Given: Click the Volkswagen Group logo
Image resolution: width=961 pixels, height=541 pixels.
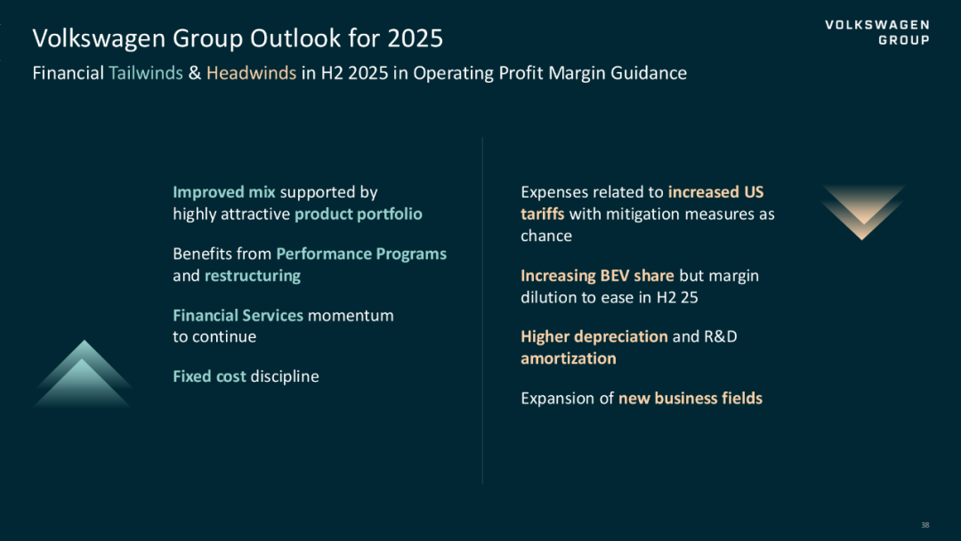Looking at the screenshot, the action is pos(877,32).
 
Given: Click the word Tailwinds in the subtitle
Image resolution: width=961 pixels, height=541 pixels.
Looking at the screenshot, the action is pos(146,73).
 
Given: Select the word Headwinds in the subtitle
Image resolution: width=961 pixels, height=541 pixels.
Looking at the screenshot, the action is pos(251,73).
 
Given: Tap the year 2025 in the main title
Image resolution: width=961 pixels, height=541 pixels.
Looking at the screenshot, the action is pos(415,38).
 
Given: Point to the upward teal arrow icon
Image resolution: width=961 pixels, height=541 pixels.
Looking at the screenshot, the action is pos(84,375).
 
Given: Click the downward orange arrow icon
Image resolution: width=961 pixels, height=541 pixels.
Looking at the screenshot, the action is pos(862,212).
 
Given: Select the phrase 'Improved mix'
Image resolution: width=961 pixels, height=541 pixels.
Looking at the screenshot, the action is pos(223,192).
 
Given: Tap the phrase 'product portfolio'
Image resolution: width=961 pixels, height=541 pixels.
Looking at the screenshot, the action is pos(359,214).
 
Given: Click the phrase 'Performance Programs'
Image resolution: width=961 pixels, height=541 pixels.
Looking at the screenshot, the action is pos(361,254).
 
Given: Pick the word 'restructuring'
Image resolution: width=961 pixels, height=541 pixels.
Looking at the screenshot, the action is pos(253,276).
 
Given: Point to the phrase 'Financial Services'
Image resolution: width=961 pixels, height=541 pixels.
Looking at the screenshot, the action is pos(238,315).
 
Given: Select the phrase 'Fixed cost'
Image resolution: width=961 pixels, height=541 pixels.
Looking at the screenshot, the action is pos(209,376).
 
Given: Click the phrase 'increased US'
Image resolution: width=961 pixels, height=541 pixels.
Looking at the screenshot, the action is pos(715,192).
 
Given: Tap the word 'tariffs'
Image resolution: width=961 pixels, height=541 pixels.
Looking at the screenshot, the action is pos(543,214).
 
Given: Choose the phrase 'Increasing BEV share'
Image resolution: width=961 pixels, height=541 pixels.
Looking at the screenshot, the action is pos(598,276).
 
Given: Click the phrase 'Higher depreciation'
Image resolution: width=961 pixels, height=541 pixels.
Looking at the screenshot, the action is pos(594,336).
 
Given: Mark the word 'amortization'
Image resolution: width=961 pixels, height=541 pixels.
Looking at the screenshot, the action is pos(568,359).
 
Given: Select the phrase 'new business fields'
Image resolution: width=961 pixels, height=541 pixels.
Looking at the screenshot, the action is pos(690,399).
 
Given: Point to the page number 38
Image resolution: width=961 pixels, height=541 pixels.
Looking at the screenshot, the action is pos(925,525).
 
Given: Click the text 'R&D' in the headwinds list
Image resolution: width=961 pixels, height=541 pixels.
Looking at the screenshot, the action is pos(721,336).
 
